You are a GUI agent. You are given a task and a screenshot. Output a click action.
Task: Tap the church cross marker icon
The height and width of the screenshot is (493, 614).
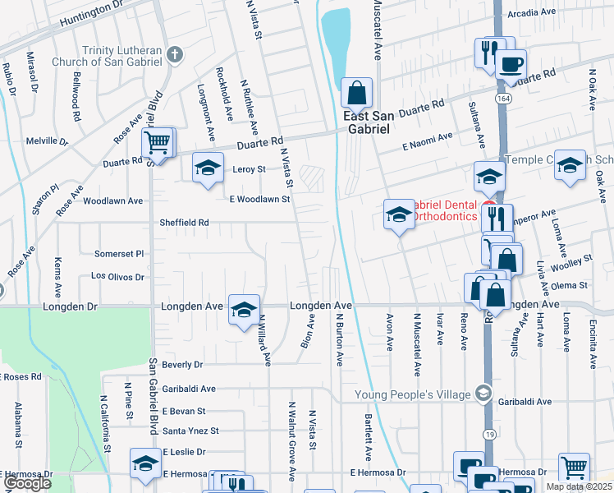click(173, 55)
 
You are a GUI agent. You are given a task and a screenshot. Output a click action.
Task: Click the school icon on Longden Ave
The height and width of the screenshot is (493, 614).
click(244, 310)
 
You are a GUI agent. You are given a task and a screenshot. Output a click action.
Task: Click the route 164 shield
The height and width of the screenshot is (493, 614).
click(499, 98)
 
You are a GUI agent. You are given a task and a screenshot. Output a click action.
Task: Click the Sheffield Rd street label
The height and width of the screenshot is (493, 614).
click(183, 222)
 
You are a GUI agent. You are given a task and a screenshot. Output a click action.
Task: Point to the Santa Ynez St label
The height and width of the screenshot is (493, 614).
click(190, 431)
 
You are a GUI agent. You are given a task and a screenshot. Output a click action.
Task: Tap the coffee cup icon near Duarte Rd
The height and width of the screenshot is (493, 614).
click(511, 63)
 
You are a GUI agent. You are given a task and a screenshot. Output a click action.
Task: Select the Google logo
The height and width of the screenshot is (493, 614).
click(27, 483)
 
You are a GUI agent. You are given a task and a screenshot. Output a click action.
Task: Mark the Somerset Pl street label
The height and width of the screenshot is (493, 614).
click(119, 254)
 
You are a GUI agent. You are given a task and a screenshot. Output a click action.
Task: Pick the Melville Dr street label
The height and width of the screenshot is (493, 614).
click(47, 141)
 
